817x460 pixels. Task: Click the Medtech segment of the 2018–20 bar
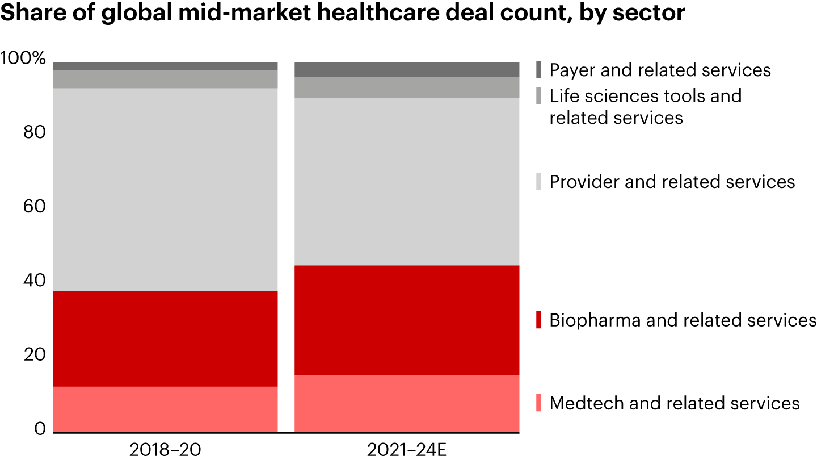point(165,409)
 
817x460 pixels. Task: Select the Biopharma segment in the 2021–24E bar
point(407,320)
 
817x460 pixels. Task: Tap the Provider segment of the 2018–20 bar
point(165,190)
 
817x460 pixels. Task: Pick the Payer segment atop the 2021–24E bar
point(407,69)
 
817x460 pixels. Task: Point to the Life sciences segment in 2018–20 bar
point(165,79)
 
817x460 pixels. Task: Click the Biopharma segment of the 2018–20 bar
point(165,338)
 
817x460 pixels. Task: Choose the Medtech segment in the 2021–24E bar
point(407,403)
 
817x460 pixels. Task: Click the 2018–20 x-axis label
point(165,449)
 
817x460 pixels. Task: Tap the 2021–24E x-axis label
point(407,449)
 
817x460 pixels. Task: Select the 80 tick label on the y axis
point(34,132)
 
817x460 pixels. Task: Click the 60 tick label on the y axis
point(34,206)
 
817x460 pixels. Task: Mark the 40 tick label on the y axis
point(34,281)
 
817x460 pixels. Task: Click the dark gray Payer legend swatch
point(538,70)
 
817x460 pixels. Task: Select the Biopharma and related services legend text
point(683,320)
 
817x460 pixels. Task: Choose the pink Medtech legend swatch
point(538,403)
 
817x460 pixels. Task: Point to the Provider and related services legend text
point(672,182)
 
